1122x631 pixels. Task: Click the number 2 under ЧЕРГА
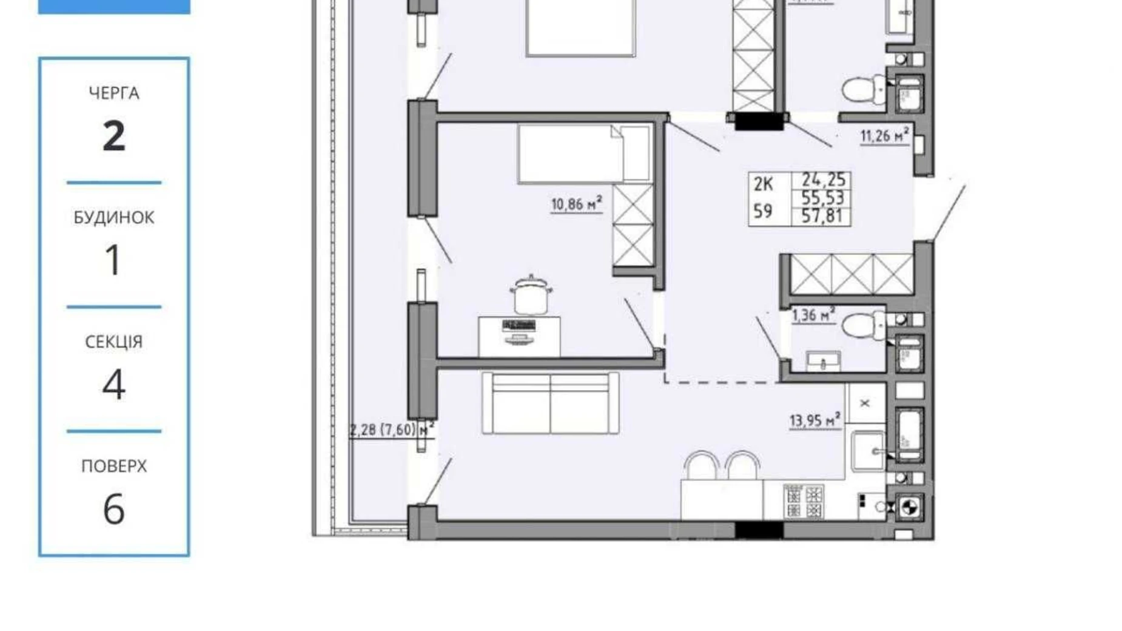[x=113, y=136]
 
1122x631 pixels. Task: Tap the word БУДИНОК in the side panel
[x=113, y=217]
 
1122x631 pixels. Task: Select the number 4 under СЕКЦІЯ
[x=113, y=385]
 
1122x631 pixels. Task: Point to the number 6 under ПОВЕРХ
[x=113, y=509]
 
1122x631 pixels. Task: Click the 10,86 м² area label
[x=576, y=204]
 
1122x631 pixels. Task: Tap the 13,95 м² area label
[x=814, y=420]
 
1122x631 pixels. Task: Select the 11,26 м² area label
[x=884, y=135]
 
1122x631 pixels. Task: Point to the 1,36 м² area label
[x=812, y=315]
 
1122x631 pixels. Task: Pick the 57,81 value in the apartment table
[x=822, y=216]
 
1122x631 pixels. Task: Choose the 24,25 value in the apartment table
[x=822, y=180]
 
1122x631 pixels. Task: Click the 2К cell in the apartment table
[x=763, y=184]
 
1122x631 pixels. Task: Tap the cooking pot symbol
[x=531, y=295]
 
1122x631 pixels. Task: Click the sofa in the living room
[x=549, y=403]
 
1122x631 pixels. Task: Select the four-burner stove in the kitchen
[x=803, y=501]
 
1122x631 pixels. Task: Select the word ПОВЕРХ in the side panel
[x=113, y=466]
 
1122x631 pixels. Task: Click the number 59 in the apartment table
[x=762, y=211]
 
